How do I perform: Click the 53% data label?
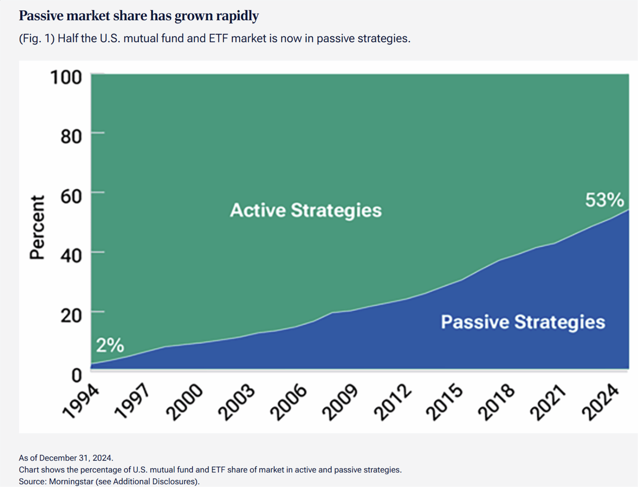(x=604, y=200)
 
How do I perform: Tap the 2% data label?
(x=110, y=345)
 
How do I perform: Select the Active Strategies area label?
(x=306, y=210)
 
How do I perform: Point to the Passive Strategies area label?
(x=523, y=322)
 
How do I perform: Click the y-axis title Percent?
(x=37, y=227)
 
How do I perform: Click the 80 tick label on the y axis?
(x=71, y=136)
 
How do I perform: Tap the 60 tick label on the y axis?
(x=71, y=196)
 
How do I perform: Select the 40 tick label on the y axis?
(x=71, y=256)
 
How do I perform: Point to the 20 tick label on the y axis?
(x=71, y=315)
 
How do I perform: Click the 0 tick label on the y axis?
(x=76, y=375)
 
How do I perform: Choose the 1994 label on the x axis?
(x=81, y=401)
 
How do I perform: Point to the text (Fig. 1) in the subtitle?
(x=37, y=39)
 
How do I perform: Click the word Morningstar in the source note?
(x=71, y=481)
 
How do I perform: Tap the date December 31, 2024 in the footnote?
(x=76, y=458)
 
